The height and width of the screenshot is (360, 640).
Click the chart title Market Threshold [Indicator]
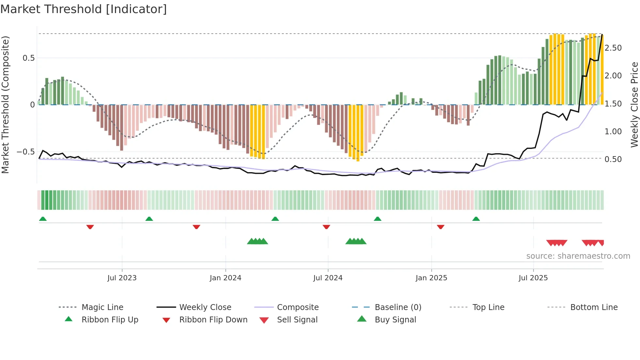click(x=84, y=9)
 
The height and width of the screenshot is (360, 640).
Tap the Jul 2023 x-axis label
click(x=122, y=278)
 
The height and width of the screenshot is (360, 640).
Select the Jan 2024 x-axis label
click(x=225, y=278)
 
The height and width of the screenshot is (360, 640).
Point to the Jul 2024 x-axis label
click(x=328, y=278)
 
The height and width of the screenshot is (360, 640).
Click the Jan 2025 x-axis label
click(x=431, y=278)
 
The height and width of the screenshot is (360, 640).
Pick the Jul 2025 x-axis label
click(x=533, y=278)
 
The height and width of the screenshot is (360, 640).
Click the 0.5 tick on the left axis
click(x=29, y=58)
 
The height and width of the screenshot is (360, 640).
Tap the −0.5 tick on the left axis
click(x=25, y=152)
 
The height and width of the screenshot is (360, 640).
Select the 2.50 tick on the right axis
click(x=613, y=48)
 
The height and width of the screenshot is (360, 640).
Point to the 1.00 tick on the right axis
click(x=613, y=132)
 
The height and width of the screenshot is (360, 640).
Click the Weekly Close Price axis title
click(x=634, y=105)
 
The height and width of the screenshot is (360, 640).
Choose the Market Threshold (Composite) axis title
click(x=5, y=105)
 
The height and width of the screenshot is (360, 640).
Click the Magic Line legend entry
click(x=102, y=307)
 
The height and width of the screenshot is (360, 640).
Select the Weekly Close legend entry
click(x=205, y=307)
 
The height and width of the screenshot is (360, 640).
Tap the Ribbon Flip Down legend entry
click(x=213, y=320)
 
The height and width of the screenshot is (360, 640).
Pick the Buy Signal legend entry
click(x=395, y=320)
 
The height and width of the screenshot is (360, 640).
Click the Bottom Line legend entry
click(x=594, y=307)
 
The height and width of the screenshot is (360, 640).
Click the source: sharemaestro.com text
click(x=578, y=256)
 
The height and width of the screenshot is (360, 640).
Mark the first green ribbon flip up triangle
click(x=43, y=219)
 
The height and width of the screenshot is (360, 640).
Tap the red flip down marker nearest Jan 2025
click(x=440, y=227)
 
